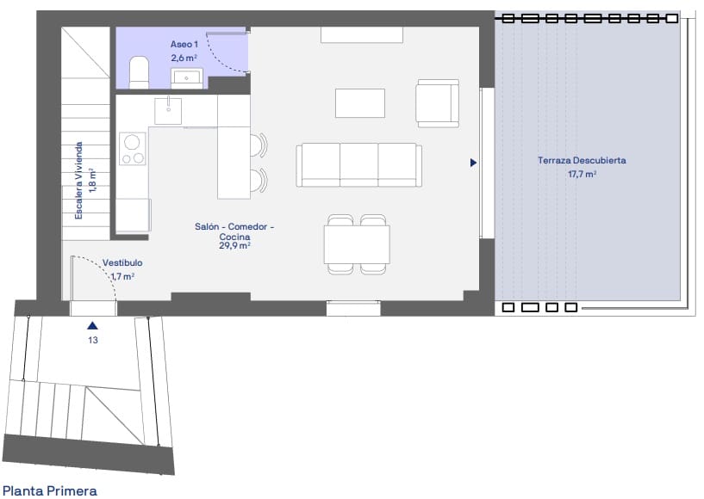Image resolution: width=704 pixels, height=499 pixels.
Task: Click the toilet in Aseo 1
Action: [138, 72]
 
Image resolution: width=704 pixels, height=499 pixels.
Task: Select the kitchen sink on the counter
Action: [169, 110]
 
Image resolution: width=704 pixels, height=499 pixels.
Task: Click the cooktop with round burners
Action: [132, 148]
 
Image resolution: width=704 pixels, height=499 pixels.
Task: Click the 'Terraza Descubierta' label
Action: [582, 161]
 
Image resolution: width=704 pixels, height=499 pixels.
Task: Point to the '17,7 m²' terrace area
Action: [582, 174]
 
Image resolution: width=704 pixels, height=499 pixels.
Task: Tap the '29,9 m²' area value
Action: [234, 245]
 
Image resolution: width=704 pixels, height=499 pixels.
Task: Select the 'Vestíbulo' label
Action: [122, 263]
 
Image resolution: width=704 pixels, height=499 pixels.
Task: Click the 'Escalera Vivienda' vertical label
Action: [78, 181]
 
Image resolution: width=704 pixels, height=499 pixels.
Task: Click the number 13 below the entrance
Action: [92, 341]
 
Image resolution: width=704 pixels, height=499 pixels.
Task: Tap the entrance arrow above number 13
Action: [92, 326]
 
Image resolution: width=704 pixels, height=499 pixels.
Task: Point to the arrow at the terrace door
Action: [473, 162]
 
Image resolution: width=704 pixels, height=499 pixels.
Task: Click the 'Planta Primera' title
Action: [50, 490]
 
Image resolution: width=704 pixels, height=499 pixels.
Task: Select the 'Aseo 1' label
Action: [184, 43]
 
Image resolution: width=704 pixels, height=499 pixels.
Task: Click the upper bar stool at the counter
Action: [259, 145]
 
